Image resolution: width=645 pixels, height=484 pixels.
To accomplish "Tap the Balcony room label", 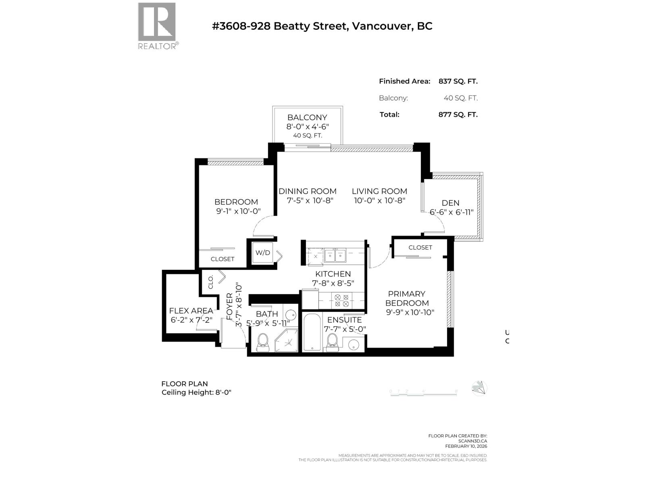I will point(307,117).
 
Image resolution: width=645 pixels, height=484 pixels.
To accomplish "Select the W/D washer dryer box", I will point(262,253).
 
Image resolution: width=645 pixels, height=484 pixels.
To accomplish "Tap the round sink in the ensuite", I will point(354,345).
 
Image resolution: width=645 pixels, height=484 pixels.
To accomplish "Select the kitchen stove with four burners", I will point(341,300).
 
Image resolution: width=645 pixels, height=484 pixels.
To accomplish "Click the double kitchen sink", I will point(335,255).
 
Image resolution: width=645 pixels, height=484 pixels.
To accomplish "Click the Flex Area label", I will point(191,311).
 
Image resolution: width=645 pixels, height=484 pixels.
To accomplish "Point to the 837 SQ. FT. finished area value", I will point(458,81).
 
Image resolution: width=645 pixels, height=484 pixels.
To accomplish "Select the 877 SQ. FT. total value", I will point(458,115).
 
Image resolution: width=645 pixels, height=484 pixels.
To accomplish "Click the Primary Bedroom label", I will point(407,298).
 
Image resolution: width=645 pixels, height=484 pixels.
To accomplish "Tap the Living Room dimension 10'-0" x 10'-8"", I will point(379,200).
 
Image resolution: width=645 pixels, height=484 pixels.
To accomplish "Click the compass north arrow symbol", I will point(479,388).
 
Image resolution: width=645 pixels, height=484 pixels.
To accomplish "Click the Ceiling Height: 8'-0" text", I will point(196,392).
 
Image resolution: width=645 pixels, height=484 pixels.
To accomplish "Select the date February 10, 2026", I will point(466,446).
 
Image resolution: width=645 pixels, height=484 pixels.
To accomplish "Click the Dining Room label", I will point(307,191).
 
